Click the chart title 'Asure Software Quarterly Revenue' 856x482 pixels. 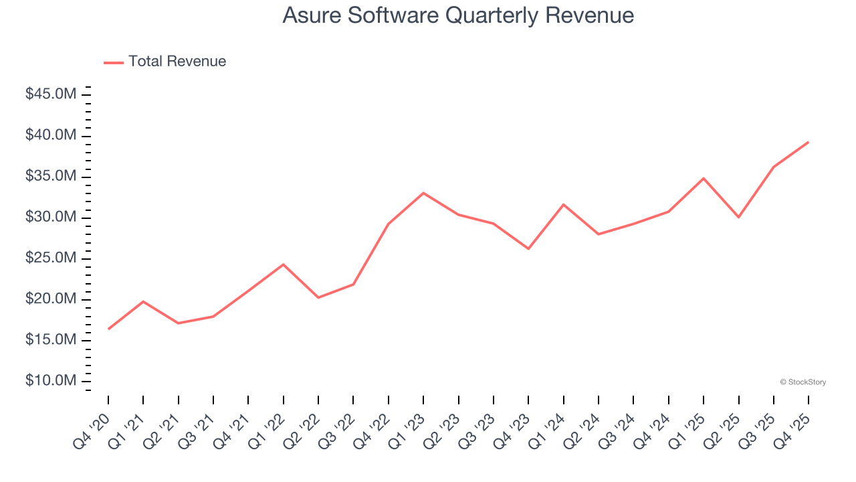tap(458, 15)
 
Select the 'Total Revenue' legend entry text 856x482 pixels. tap(177, 62)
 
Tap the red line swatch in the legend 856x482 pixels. tap(114, 62)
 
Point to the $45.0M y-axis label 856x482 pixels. tap(51, 94)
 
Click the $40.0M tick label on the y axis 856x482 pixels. tap(51, 136)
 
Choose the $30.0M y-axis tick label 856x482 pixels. tap(51, 218)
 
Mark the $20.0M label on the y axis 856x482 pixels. tap(51, 299)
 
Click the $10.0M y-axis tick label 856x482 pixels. tap(51, 381)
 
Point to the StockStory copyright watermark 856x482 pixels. tap(802, 382)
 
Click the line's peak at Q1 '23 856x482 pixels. tap(423, 193)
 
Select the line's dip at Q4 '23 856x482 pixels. tap(528, 248)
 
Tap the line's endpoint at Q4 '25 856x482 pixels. tap(809, 142)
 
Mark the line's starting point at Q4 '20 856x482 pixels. tap(108, 329)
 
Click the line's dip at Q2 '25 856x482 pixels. tap(738, 217)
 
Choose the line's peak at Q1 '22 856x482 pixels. tap(284, 264)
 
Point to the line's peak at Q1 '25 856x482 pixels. tap(704, 178)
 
